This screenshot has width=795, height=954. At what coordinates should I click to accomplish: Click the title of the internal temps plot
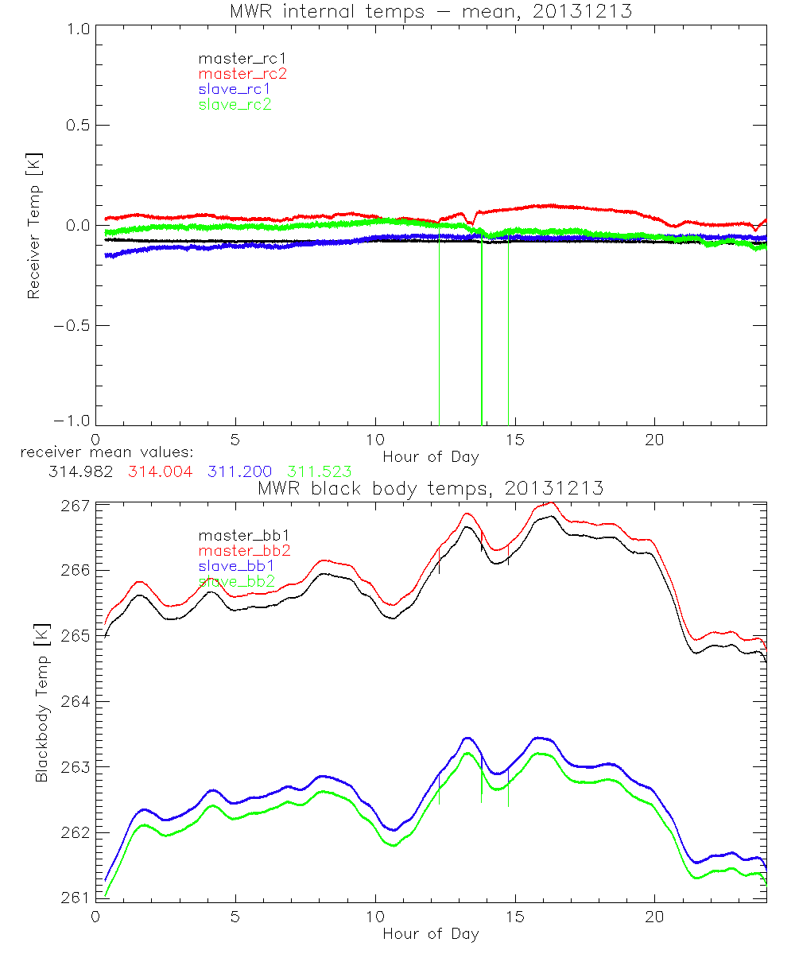point(430,11)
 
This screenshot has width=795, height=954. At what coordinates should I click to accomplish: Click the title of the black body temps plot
point(430,488)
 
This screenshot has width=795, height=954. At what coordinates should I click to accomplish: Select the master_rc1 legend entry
point(235,58)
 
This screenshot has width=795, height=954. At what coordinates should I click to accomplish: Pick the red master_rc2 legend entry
point(242,73)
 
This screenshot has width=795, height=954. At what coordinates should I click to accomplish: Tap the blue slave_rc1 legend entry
point(235,89)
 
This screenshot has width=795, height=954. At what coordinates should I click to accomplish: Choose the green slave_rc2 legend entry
point(235,104)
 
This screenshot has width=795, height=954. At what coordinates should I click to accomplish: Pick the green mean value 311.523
point(320,472)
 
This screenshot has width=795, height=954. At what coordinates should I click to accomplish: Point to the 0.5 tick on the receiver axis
point(77,126)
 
